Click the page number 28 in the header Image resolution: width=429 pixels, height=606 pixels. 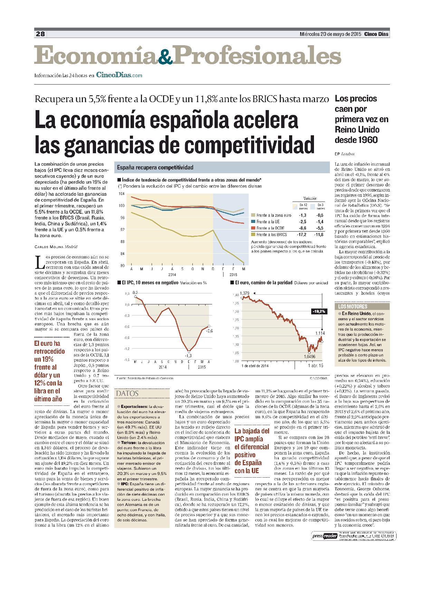click(40, 34)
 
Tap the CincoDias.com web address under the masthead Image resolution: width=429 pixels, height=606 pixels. click(119, 75)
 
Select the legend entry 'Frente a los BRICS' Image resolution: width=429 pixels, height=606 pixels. click(271, 234)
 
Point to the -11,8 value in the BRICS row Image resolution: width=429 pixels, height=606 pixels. click(320, 234)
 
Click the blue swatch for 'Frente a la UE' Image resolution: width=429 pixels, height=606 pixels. click(253, 222)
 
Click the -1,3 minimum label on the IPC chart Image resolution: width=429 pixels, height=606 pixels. click(188, 355)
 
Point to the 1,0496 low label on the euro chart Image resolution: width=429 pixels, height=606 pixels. click(309, 356)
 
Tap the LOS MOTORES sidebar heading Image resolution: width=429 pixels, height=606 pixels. click(348, 306)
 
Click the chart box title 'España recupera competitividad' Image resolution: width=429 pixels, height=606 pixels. click(155, 167)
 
